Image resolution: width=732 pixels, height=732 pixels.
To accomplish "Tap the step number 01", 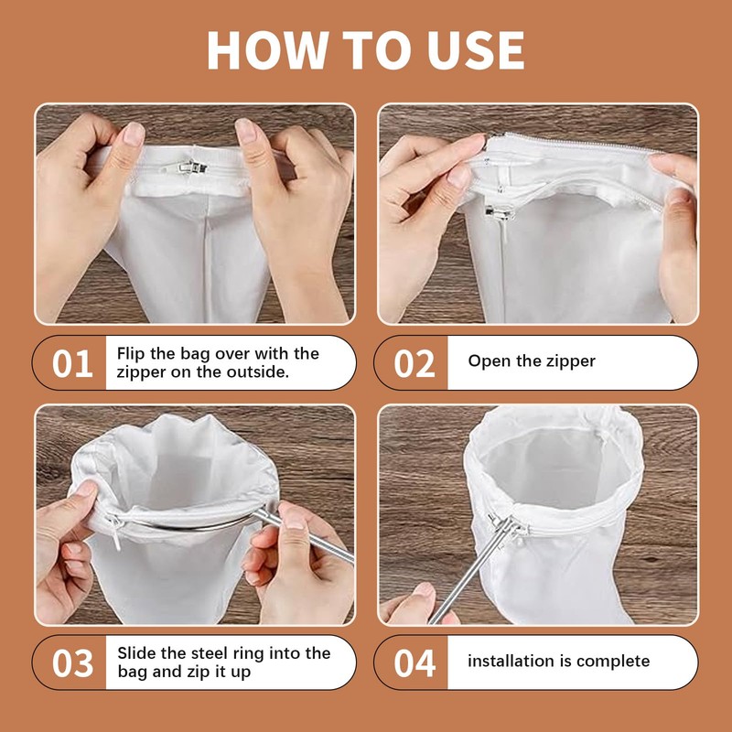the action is [72, 363].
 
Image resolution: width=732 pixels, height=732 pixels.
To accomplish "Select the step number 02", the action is [414, 363].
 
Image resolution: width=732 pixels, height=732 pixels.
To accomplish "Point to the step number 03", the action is [72, 662].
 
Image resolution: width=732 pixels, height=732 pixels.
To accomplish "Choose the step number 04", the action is [414, 662].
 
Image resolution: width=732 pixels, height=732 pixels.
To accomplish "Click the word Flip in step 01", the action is [131, 354].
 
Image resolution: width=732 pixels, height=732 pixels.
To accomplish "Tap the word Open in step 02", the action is [485, 361].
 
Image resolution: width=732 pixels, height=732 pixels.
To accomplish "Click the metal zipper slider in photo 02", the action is [500, 213].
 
